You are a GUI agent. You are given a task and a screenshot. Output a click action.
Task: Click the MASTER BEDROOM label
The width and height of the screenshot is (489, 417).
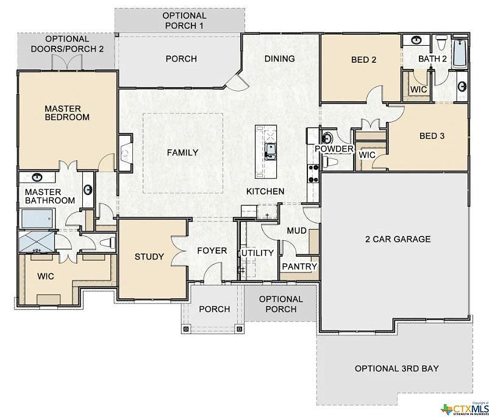coord(66,113)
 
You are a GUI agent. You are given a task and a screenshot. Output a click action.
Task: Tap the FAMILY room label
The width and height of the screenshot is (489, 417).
coord(182,152)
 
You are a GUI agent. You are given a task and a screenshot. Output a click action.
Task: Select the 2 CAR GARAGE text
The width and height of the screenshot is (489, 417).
coord(398,239)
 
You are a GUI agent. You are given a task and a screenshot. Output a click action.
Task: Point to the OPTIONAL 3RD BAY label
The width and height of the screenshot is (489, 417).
coord(397,369)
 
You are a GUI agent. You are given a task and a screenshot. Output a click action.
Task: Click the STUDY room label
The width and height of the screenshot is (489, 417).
coord(149,257)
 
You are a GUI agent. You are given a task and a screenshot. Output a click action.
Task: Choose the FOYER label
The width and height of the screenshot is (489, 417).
coord(212,251)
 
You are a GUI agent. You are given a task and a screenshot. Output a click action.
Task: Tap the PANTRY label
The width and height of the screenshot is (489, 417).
coord(299,266)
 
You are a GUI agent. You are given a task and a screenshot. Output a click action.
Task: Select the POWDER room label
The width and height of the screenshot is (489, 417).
coord(334,149)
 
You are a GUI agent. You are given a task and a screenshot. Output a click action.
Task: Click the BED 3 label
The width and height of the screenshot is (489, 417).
coord(432,136)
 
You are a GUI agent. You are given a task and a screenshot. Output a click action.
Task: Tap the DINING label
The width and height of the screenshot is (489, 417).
coord(279,59)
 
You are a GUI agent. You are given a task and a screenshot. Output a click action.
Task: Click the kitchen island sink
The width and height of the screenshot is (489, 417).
coord(269,148)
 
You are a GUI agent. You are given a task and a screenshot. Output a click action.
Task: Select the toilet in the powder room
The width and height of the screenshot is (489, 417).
coord(332,162)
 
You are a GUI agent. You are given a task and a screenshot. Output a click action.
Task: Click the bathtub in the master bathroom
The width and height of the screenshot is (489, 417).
coord(38,218)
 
